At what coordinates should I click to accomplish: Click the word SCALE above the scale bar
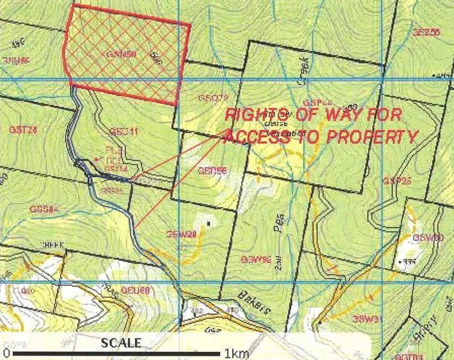[x=122, y=343]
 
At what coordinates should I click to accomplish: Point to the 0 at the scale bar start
[x=5, y=353]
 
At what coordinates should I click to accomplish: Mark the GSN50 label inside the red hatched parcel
[x=122, y=53]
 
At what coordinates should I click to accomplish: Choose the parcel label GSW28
[x=182, y=233]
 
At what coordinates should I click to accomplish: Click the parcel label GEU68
[x=134, y=290]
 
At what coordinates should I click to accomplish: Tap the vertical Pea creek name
[x=281, y=229]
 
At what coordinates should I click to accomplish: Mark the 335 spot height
[x=410, y=262]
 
